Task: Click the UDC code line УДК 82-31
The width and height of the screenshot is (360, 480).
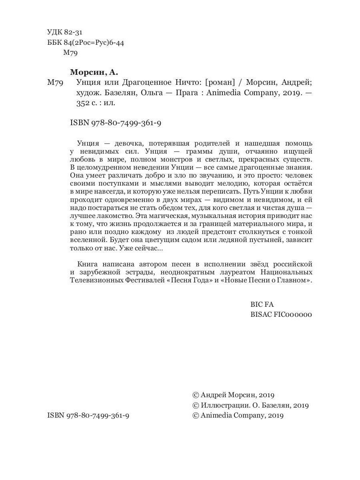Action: coord(64,32)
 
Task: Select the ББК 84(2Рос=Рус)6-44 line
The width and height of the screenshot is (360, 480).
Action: coord(85,43)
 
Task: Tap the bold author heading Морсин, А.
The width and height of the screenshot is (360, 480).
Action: coord(94,72)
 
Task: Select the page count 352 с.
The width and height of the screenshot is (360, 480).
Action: coord(83,103)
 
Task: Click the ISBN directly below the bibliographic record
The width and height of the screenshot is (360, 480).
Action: coord(116,124)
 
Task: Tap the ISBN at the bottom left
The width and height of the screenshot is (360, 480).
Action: coord(88,416)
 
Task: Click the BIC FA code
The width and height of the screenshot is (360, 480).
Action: coord(262,304)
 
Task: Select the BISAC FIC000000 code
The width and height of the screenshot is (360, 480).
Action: coord(281,314)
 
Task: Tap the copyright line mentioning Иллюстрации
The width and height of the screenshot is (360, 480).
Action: coord(251,405)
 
